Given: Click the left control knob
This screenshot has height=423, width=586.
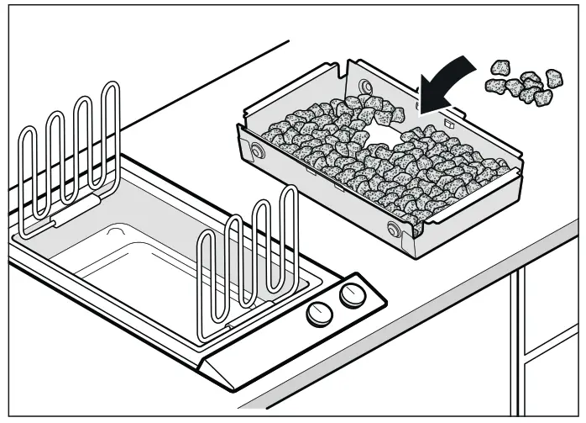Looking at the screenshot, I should point(317,314).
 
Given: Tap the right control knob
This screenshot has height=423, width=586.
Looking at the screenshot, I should point(350,297).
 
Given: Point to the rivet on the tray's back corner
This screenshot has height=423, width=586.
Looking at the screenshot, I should point(364,86).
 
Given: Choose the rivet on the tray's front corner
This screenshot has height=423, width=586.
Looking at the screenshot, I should point(393,230).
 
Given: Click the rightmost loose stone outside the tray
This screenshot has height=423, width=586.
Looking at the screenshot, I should point(553,79).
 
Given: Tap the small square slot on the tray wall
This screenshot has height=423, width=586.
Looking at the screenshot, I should point(450,122).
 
